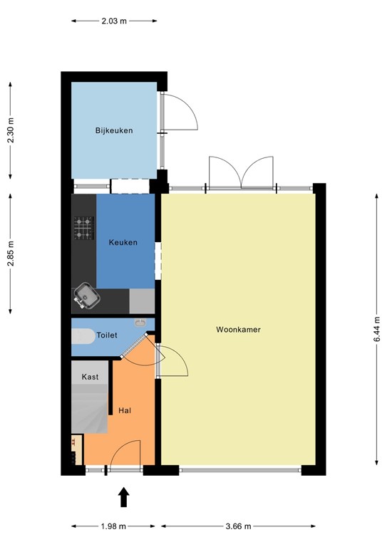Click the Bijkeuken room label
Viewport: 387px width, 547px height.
(x=114, y=130)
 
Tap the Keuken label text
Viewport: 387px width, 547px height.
(x=123, y=243)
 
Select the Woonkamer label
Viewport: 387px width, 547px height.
(x=238, y=330)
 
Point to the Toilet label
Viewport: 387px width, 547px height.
(x=107, y=334)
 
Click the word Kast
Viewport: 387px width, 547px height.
(x=90, y=376)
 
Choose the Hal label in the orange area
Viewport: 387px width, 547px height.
(x=125, y=410)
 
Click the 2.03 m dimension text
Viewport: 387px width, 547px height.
(x=113, y=21)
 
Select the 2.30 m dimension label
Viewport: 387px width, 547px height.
(x=11, y=130)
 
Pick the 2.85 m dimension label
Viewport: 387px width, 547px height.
(x=11, y=253)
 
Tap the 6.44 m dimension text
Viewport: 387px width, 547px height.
(x=376, y=330)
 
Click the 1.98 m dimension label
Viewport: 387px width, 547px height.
(x=113, y=526)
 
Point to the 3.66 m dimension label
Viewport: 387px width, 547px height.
(x=237, y=526)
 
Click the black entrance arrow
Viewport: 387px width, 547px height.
(x=123, y=496)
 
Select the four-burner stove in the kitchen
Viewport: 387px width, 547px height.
(x=84, y=227)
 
